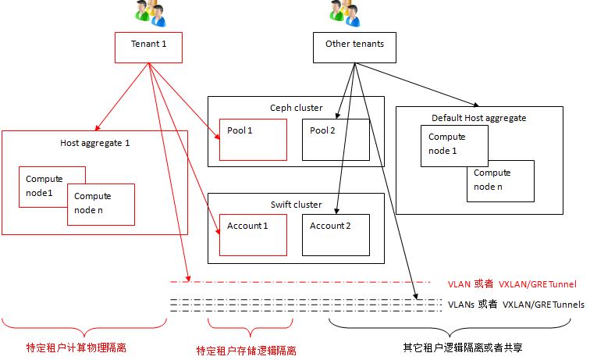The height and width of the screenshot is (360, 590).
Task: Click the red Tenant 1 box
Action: (148, 47)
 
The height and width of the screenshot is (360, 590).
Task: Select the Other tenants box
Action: (354, 47)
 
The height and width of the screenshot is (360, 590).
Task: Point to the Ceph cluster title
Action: (296, 108)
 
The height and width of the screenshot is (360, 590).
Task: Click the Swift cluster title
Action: (296, 205)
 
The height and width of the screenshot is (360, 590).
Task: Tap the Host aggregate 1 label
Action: (95, 143)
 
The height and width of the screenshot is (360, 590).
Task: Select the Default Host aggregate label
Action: (479, 118)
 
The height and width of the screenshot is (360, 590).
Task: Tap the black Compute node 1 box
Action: (454, 144)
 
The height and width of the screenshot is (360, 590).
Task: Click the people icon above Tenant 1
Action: (148, 12)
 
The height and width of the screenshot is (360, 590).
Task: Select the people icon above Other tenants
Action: (343, 12)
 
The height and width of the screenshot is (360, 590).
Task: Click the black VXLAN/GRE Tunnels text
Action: (543, 304)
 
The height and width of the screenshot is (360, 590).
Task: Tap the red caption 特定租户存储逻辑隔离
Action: (247, 351)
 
